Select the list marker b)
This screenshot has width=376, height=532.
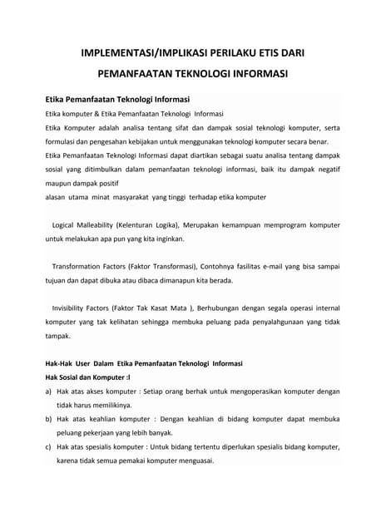[x=49, y=419]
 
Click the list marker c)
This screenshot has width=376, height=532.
[x=49, y=447]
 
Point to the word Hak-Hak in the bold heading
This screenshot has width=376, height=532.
[x=60, y=363]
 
